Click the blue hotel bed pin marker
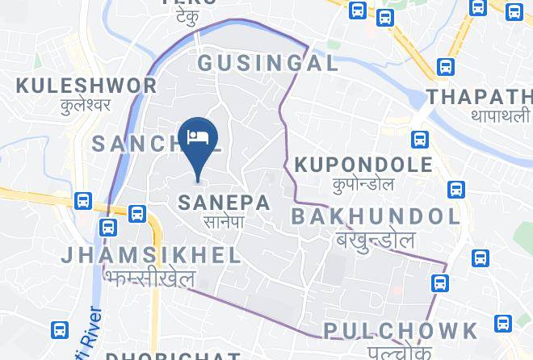click(x=197, y=137)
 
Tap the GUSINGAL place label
click(x=267, y=63)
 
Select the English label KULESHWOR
click(x=86, y=86)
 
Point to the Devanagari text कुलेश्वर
click(x=86, y=105)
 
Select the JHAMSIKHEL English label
click(x=151, y=256)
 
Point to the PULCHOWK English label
click(x=401, y=329)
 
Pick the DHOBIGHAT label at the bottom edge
click(x=173, y=354)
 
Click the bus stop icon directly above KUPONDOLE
click(x=418, y=139)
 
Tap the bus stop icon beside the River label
click(x=60, y=330)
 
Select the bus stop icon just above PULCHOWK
click(x=440, y=283)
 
